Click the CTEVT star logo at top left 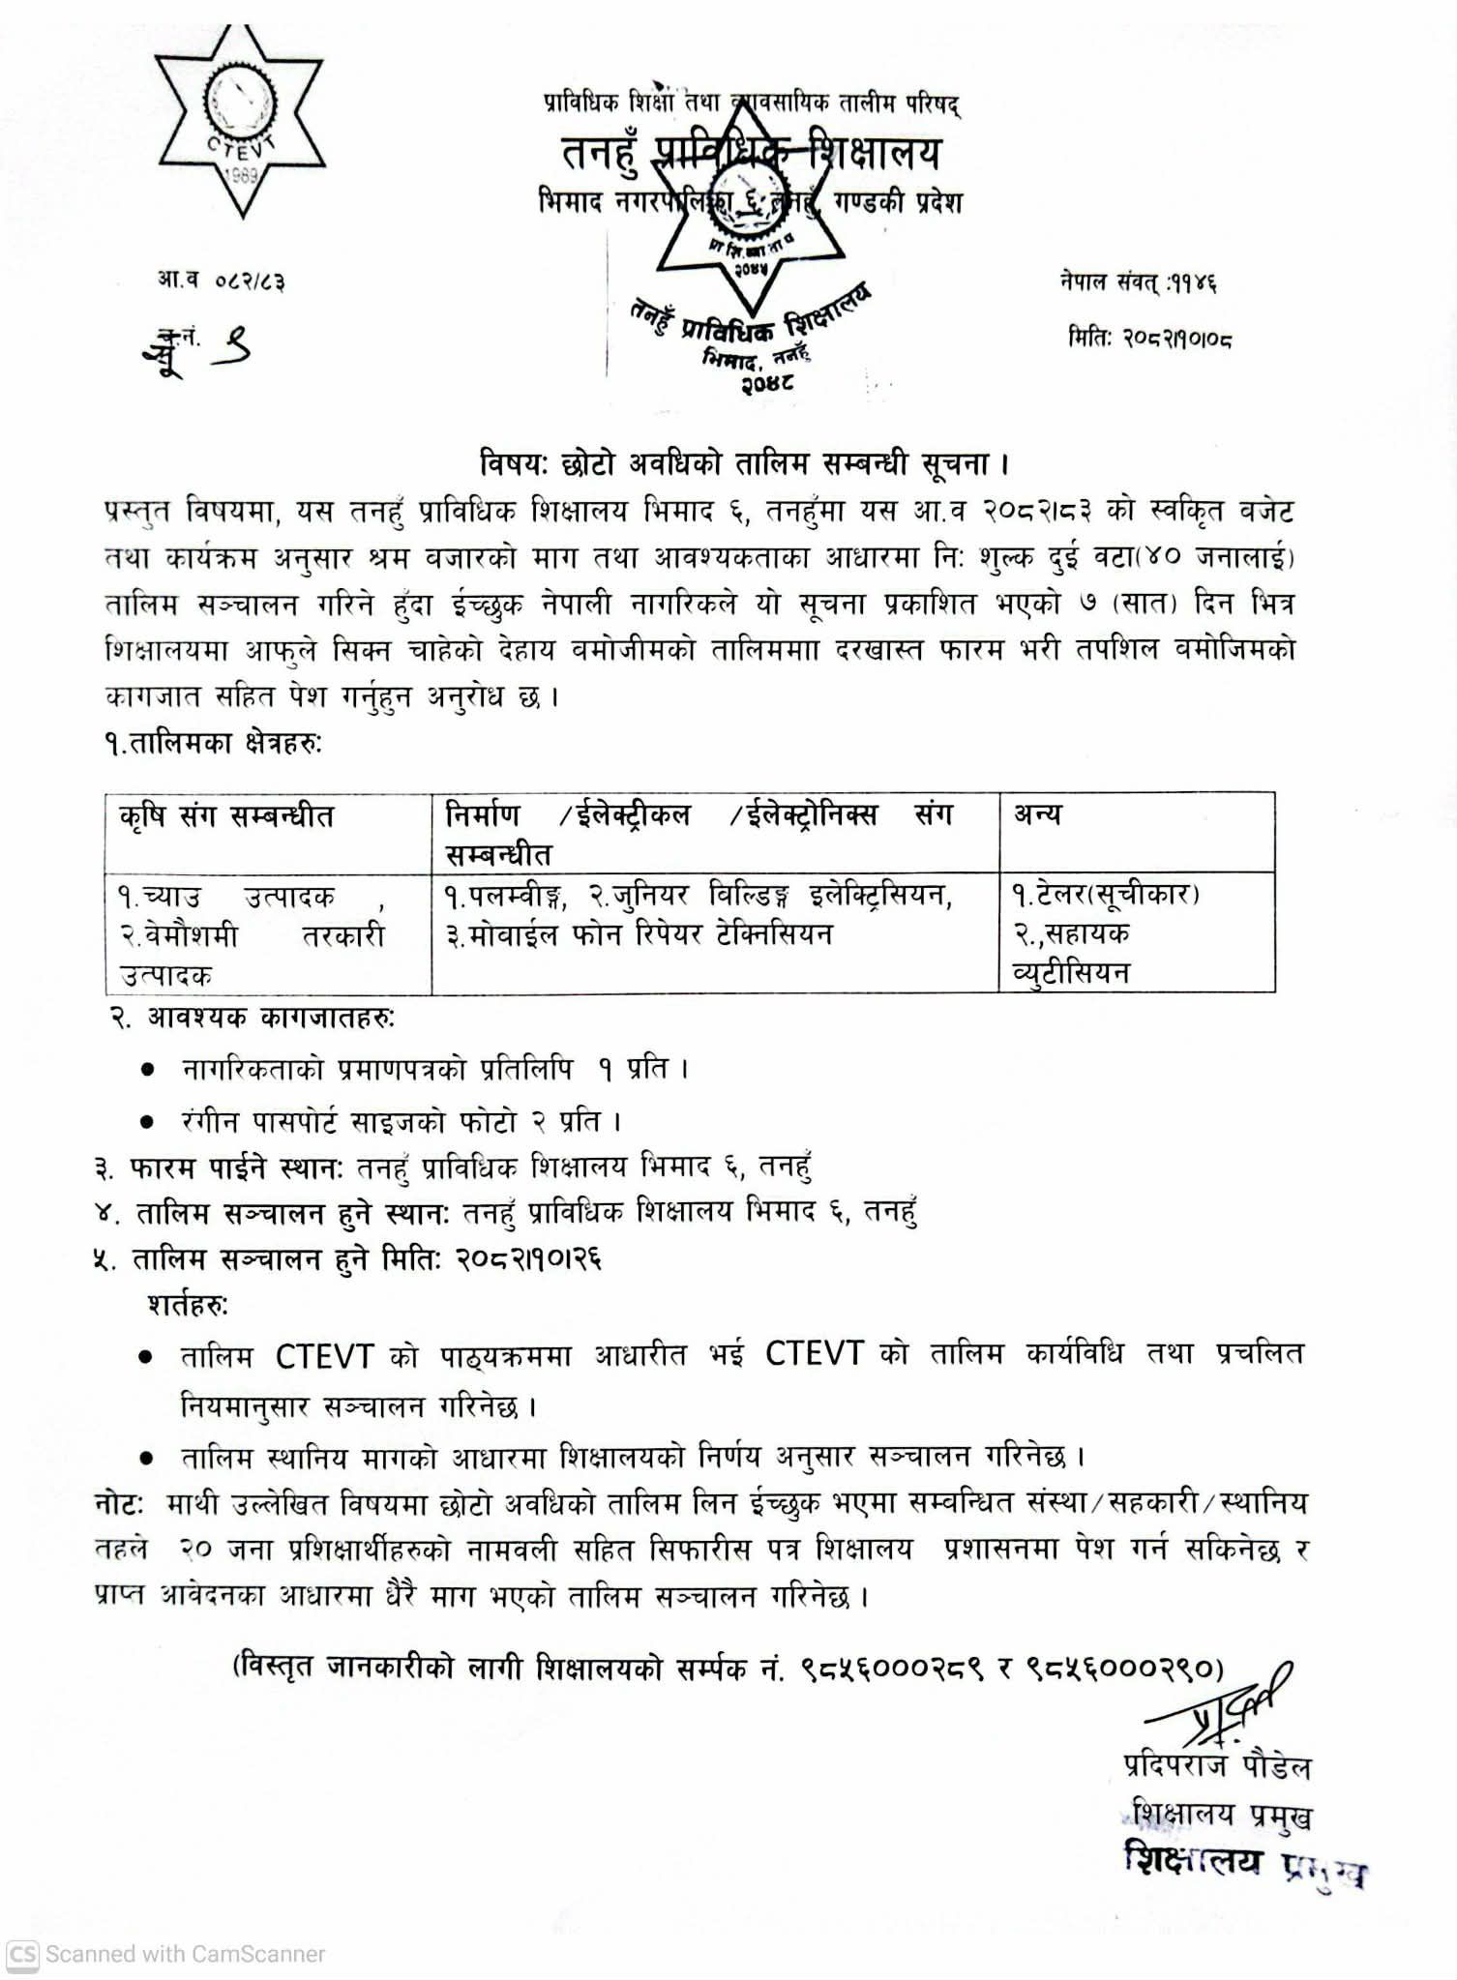pos(241,120)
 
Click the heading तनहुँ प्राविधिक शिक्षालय pos(751,153)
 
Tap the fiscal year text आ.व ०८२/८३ pos(222,281)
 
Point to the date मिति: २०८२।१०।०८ pos(1149,339)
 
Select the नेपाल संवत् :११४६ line pos(1138,282)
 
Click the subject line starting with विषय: pos(744,464)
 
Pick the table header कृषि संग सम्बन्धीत pos(226,817)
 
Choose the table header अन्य pos(1037,815)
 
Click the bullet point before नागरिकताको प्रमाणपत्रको pos(147,1070)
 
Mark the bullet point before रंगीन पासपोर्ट pos(147,1122)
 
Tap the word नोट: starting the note pos(120,1504)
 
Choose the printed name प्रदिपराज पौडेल pos(1216,1766)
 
